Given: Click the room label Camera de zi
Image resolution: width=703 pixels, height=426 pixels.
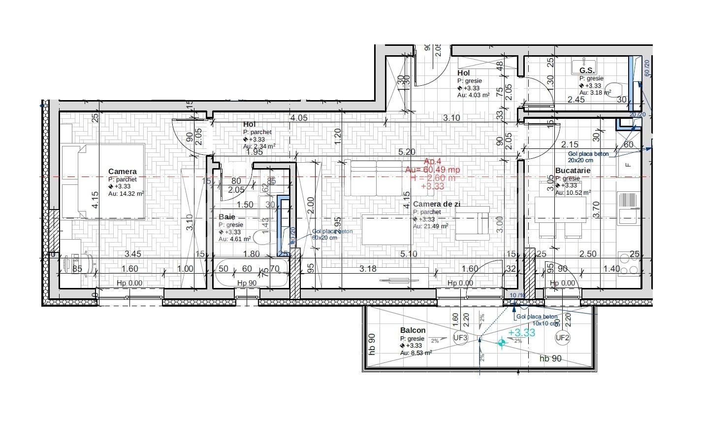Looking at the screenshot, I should (x=434, y=204).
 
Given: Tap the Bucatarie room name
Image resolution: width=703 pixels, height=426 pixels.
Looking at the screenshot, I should (x=573, y=171).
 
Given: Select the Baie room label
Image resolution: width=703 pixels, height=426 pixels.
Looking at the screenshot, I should (x=226, y=217).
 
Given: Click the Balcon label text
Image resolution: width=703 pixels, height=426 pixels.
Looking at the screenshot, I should (x=413, y=330).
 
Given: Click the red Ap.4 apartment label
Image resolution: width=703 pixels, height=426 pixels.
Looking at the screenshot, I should (x=433, y=161).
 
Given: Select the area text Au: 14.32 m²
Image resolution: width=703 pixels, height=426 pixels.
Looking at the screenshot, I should (x=126, y=194).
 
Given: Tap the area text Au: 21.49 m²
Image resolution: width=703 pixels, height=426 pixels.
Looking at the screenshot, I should (x=430, y=226).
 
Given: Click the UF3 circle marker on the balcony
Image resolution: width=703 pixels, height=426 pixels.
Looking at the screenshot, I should (x=460, y=338).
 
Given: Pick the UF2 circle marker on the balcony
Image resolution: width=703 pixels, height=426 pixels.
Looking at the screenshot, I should (x=562, y=338).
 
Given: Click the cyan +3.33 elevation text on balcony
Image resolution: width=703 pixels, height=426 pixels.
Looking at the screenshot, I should (x=521, y=333).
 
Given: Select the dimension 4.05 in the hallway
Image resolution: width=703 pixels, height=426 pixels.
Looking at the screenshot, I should (x=298, y=118).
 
